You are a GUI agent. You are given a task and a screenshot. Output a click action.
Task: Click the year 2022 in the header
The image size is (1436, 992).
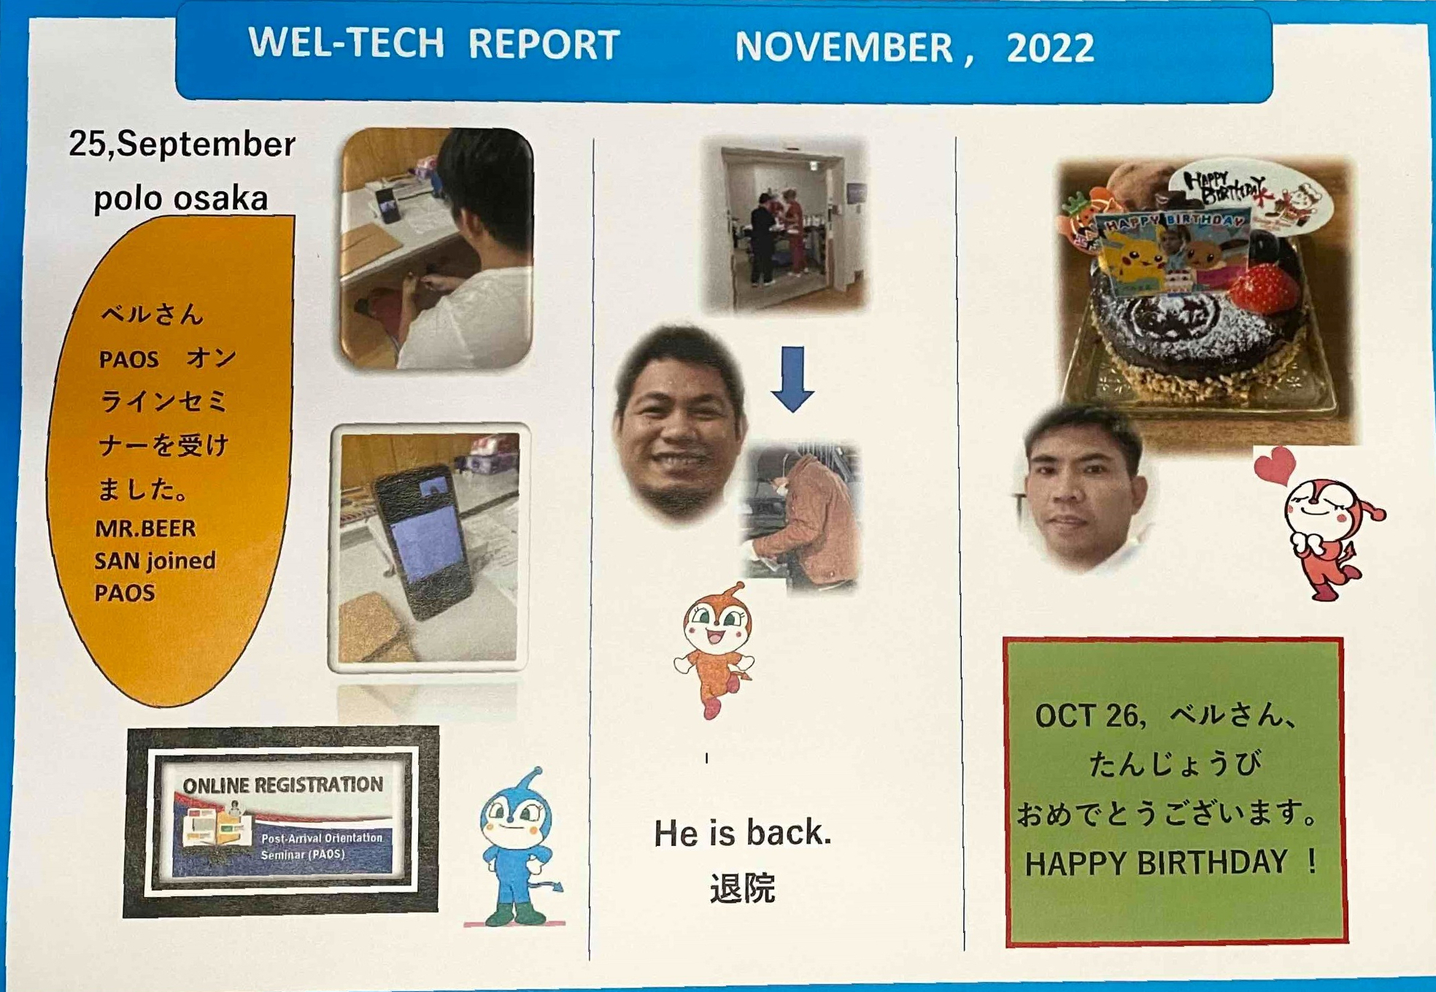pos(1050,48)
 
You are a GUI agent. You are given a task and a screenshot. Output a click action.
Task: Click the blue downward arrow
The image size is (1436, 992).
pos(792,379)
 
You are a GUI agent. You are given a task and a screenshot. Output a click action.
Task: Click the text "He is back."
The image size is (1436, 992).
pos(742,833)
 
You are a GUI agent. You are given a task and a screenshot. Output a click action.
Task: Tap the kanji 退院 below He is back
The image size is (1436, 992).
pos(742,888)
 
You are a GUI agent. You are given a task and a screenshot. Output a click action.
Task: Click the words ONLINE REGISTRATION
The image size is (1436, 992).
pos(283,785)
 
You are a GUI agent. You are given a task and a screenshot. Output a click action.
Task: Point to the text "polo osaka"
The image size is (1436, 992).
pos(181,199)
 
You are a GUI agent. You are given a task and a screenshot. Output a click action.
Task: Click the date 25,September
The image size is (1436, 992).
pos(182,143)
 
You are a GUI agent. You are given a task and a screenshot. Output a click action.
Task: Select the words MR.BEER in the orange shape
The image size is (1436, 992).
pos(145,528)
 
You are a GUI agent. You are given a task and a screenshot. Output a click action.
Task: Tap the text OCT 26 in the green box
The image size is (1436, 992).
pos(1086,715)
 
